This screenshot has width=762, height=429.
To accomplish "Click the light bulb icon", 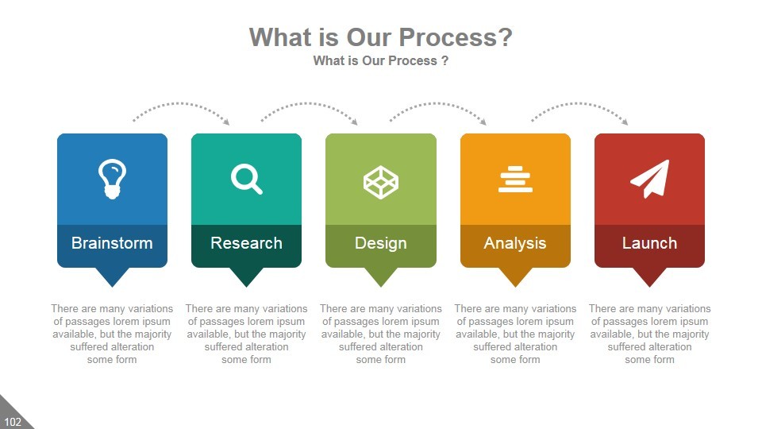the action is [112, 179].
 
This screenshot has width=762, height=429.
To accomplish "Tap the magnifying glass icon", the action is [246, 179].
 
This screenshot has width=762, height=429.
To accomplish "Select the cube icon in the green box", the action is [381, 183].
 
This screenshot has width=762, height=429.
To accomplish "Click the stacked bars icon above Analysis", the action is [515, 179].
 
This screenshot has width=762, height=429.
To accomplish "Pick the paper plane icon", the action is [650, 179].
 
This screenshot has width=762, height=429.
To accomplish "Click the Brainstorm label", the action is [112, 243].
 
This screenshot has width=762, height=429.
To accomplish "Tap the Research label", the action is [246, 243].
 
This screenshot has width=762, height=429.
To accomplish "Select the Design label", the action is [381, 243].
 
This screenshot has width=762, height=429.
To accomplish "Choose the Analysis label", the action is [515, 243].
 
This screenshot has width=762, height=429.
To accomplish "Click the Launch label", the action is [650, 243].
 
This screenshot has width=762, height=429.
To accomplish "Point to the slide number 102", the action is [13, 422].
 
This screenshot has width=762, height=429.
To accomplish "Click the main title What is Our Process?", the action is [381, 37].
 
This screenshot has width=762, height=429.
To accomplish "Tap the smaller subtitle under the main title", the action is [381, 61].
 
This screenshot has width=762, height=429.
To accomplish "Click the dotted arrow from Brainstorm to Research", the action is [181, 103].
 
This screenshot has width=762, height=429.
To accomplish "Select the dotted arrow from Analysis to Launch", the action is [579, 103].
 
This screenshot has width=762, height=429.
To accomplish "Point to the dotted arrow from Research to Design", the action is [309, 103].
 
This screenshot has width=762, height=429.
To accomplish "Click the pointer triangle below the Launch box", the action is [650, 277].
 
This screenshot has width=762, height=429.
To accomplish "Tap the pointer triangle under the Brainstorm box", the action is [112, 277].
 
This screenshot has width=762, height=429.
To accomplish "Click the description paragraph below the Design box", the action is [381, 334].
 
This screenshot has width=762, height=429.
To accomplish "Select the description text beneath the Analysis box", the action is [515, 334].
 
